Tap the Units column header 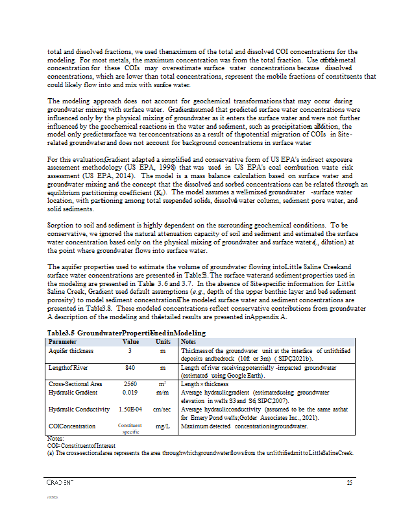162,341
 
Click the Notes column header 189,341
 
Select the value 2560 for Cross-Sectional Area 130,384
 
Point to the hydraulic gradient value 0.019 130,393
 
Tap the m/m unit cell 163,393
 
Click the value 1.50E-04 130,409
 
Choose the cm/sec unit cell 163,409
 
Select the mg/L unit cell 163,426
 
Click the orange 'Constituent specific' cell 130,428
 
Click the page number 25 349,482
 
